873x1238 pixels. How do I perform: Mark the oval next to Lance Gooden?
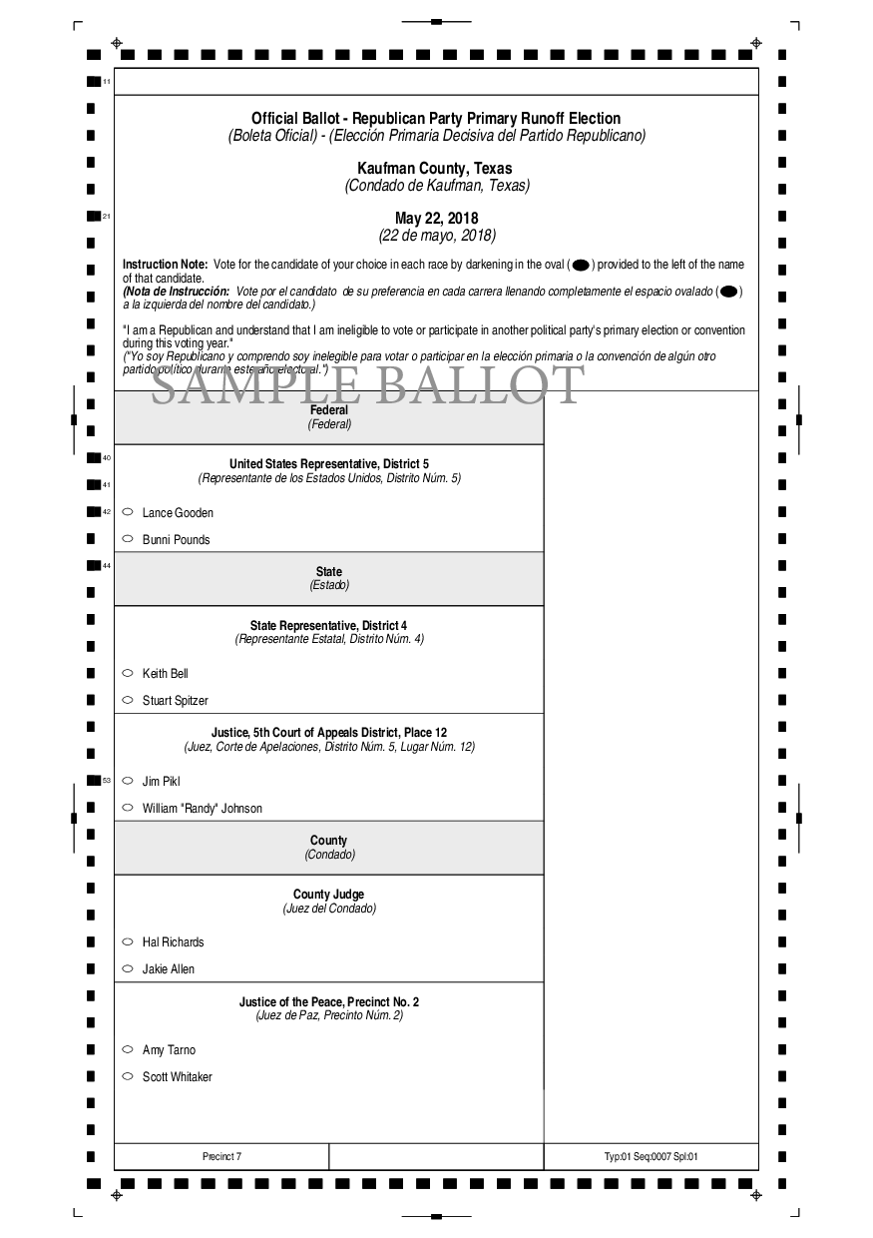pyautogui.click(x=128, y=512)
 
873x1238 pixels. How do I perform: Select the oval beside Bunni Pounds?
pyautogui.click(x=128, y=539)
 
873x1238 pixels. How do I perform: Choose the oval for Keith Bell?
pyautogui.click(x=128, y=673)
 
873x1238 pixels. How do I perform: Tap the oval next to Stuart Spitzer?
pyautogui.click(x=128, y=700)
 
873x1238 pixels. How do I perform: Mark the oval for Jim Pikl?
pyautogui.click(x=128, y=781)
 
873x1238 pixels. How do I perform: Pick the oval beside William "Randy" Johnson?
pyautogui.click(x=128, y=808)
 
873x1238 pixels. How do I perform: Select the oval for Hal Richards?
pyautogui.click(x=128, y=941)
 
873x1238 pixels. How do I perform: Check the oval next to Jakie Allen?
pyautogui.click(x=128, y=968)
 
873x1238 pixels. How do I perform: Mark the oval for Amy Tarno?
pyautogui.click(x=128, y=1049)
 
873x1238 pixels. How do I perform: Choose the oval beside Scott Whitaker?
pyautogui.click(x=128, y=1076)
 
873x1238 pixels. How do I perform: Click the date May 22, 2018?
pyautogui.click(x=436, y=219)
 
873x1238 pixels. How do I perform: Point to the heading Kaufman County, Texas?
pyautogui.click(x=436, y=169)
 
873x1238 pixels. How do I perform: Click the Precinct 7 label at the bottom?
pyautogui.click(x=221, y=1157)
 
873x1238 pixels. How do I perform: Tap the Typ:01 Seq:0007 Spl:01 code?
pyautogui.click(x=651, y=1157)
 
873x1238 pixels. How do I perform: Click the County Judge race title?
pyautogui.click(x=328, y=895)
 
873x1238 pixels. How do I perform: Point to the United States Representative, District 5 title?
pyautogui.click(x=328, y=464)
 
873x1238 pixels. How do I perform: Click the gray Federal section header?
pyautogui.click(x=328, y=417)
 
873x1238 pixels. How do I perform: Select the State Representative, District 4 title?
pyautogui.click(x=328, y=625)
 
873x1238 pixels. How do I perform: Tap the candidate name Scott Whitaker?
pyautogui.click(x=177, y=1077)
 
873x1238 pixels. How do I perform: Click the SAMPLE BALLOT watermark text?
pyautogui.click(x=366, y=386)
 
